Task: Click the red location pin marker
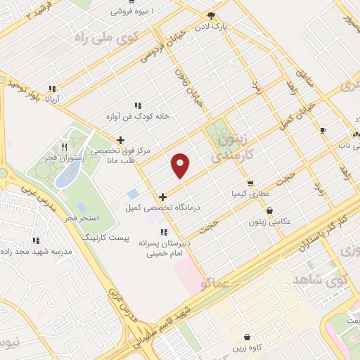click(x=181, y=166)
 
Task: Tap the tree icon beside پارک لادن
click(x=211, y=15)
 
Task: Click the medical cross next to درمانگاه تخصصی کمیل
click(x=163, y=197)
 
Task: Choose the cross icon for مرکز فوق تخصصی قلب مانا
click(x=121, y=140)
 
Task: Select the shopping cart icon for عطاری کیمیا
click(x=250, y=183)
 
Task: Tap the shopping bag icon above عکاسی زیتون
click(x=270, y=210)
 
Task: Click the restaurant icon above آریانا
click(x=51, y=89)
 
